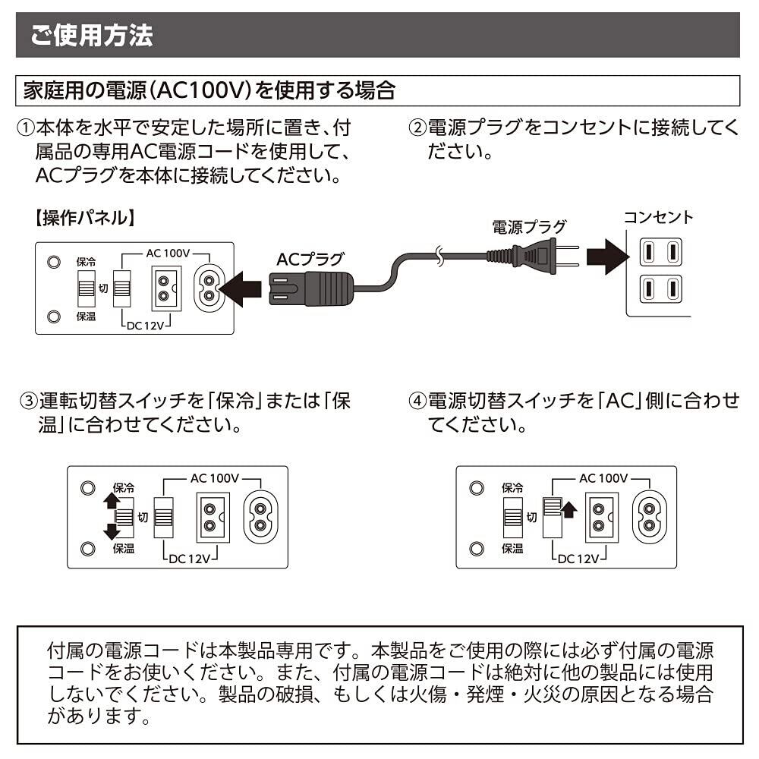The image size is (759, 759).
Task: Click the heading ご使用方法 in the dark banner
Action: pyautogui.click(x=92, y=35)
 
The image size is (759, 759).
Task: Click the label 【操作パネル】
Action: pyautogui.click(x=85, y=218)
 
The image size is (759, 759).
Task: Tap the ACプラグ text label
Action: pyautogui.click(x=310, y=259)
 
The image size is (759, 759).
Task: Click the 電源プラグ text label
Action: pyautogui.click(x=529, y=226)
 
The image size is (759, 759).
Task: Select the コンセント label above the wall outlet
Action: pyautogui.click(x=658, y=217)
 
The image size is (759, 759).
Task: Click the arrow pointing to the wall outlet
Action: pyautogui.click(x=608, y=257)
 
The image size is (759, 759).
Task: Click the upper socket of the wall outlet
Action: pyautogui.click(x=661, y=252)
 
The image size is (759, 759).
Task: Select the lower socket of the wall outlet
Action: pyautogui.click(x=661, y=289)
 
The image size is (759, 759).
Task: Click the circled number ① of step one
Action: pyautogui.click(x=25, y=128)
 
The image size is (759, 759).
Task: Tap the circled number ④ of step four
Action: pyautogui.click(x=417, y=402)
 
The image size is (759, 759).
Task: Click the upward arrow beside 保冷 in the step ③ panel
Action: pyautogui.click(x=112, y=500)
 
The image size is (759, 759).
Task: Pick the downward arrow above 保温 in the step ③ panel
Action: pyautogui.click(x=112, y=531)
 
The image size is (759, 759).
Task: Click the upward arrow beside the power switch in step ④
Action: pyautogui.click(x=569, y=509)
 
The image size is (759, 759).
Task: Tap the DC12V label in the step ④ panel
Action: pyautogui.click(x=578, y=559)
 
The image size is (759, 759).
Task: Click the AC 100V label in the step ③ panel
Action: pyautogui.click(x=215, y=479)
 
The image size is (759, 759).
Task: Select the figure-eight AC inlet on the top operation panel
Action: pyautogui.click(x=209, y=288)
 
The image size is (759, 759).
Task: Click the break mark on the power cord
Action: pyautogui.click(x=439, y=256)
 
